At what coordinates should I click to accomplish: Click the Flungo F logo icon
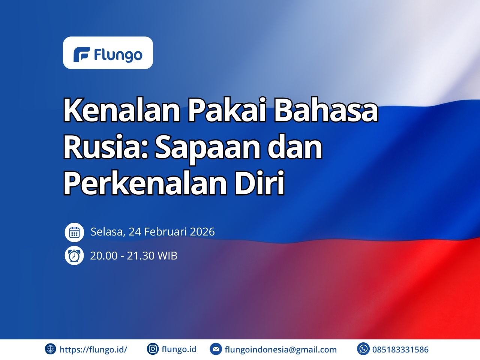(x=82, y=54)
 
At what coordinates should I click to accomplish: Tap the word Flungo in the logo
(x=118, y=55)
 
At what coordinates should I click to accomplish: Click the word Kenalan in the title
(x=122, y=110)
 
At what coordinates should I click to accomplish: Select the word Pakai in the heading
(x=227, y=110)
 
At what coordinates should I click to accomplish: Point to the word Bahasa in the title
(x=326, y=110)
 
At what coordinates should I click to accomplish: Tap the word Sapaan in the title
(x=208, y=148)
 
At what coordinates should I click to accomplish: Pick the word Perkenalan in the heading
(x=145, y=183)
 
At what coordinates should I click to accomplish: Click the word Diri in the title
(x=259, y=183)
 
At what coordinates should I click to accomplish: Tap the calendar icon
(x=74, y=232)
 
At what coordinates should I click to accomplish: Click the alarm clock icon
(x=74, y=255)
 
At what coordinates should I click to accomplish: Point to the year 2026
(x=202, y=232)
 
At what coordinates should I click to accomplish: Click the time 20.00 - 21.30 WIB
(x=133, y=255)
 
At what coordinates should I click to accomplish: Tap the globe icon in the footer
(x=50, y=349)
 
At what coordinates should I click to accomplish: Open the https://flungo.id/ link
(x=93, y=349)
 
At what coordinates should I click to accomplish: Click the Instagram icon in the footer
(x=153, y=349)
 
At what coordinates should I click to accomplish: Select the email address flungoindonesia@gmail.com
(x=280, y=349)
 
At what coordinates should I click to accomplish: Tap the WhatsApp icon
(x=363, y=349)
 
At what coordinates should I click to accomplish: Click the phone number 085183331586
(x=400, y=349)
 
